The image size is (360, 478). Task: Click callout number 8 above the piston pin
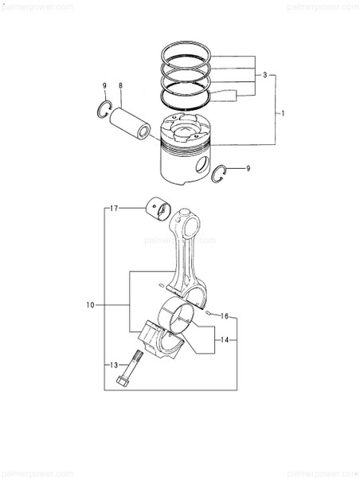tap(120, 84)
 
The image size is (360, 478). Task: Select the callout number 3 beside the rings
tap(265, 74)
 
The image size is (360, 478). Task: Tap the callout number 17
tap(114, 209)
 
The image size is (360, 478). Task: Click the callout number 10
tap(90, 305)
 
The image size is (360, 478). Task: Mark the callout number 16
tap(225, 316)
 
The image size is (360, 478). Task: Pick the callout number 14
tap(225, 340)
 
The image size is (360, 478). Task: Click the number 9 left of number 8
tap(104, 84)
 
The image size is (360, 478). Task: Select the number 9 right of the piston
tap(248, 168)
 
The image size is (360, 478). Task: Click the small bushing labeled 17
tap(160, 206)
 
